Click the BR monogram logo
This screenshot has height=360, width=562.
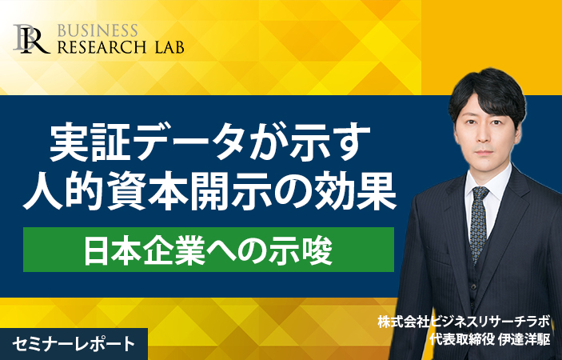(31, 39)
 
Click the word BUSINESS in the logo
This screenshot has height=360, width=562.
(98, 30)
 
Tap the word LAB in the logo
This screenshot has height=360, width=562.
(170, 47)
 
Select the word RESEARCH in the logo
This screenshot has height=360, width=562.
(102, 47)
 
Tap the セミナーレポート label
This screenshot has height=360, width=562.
(74, 344)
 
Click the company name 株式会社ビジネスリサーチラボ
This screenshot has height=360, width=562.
(464, 322)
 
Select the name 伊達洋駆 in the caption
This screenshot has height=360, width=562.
(524, 339)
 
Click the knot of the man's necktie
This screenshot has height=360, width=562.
(480, 194)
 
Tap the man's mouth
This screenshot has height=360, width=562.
(484, 152)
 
